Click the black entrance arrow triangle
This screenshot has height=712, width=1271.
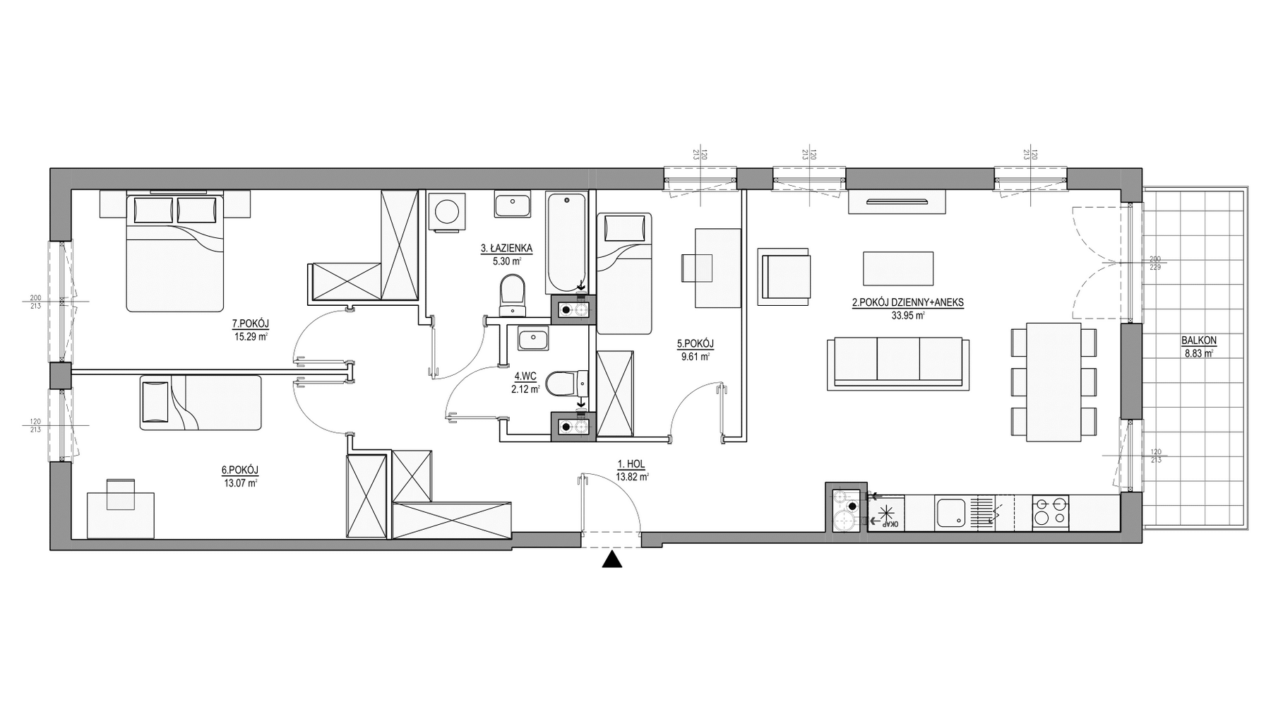point(612,560)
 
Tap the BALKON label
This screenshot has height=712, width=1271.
point(1199,340)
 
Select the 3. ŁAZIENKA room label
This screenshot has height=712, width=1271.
point(506,249)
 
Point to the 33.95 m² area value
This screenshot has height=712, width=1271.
point(908,316)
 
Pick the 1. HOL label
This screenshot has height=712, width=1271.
point(631,464)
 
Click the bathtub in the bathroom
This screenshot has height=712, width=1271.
point(566,242)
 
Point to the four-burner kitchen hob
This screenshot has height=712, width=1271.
point(1050,512)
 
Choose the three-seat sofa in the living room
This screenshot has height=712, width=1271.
point(897,363)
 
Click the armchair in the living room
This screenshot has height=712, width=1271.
point(783,276)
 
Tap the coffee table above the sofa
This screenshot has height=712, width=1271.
point(898,268)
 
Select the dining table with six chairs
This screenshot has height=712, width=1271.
point(1054,382)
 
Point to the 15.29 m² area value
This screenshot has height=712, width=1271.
point(251,336)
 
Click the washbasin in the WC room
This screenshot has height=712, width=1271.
point(534,339)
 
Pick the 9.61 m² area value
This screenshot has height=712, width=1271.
point(696,357)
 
